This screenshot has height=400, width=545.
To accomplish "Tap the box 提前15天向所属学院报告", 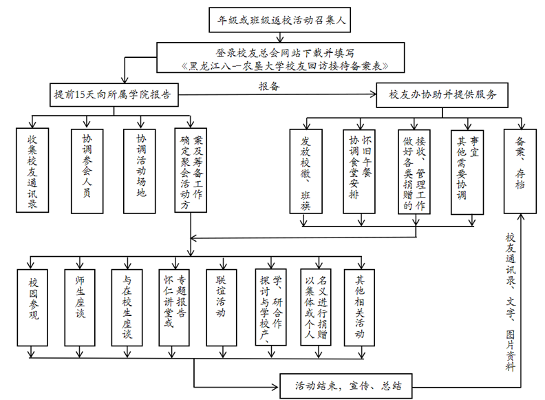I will coord(113,94).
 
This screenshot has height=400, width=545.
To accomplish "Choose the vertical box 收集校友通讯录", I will coord(32,170).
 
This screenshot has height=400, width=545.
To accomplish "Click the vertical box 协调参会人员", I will coord(86,170).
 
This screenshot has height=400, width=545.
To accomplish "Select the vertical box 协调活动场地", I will coord(140,170).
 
